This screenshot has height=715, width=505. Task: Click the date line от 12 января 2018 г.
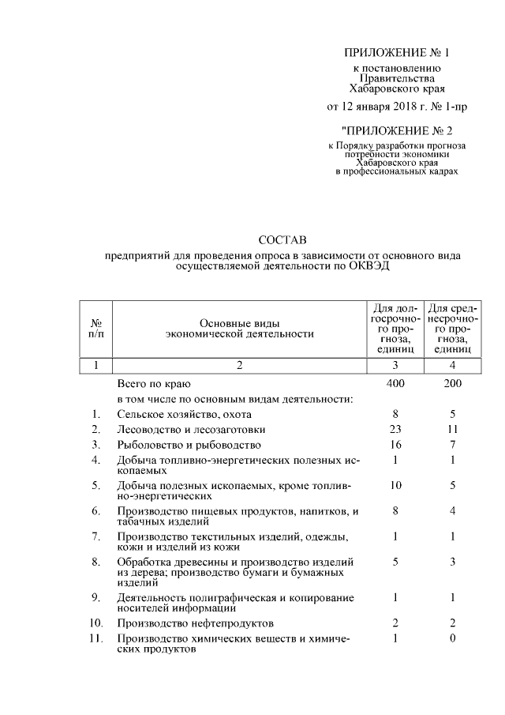coord(391,106)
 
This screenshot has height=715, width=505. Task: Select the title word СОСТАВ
coord(282,239)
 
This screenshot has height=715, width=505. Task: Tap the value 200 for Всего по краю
coord(452,383)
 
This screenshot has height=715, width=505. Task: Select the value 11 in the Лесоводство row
coord(452,429)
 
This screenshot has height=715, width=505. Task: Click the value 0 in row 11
coord(452,638)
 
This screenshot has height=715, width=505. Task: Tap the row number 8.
coord(95,562)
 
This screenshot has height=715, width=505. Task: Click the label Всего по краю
coord(150,383)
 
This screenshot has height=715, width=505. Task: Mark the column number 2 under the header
coord(239,365)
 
